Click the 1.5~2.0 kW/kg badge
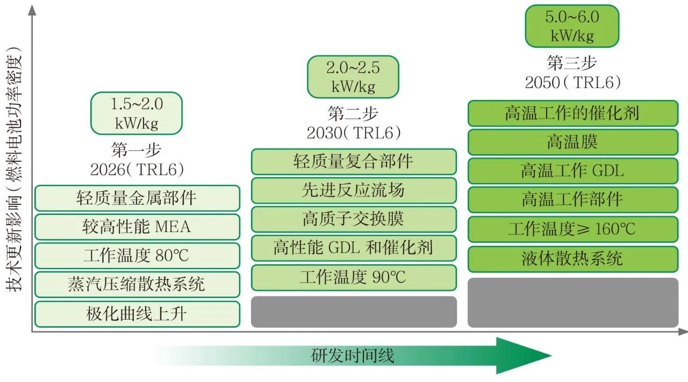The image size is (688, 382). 137,113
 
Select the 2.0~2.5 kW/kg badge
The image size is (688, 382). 353,77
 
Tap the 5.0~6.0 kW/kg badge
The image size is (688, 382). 572,26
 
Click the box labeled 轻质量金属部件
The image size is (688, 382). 137,198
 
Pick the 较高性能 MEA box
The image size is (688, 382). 137,227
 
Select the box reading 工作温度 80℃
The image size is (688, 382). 137,256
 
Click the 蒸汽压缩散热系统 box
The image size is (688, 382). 137,284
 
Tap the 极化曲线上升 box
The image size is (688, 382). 137,314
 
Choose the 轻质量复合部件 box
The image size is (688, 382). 354,162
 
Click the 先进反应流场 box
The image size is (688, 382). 354,190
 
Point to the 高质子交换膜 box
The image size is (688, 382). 354,219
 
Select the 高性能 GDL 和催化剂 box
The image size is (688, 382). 354,248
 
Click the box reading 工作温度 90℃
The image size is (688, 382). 354,277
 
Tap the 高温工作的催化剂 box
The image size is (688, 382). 572,113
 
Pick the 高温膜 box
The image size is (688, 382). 572,142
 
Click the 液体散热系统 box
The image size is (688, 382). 572,259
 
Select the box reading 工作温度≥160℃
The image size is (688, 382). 572,229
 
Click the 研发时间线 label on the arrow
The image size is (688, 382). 353,356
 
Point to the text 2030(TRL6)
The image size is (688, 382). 354,133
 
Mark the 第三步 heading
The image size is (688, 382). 572,63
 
